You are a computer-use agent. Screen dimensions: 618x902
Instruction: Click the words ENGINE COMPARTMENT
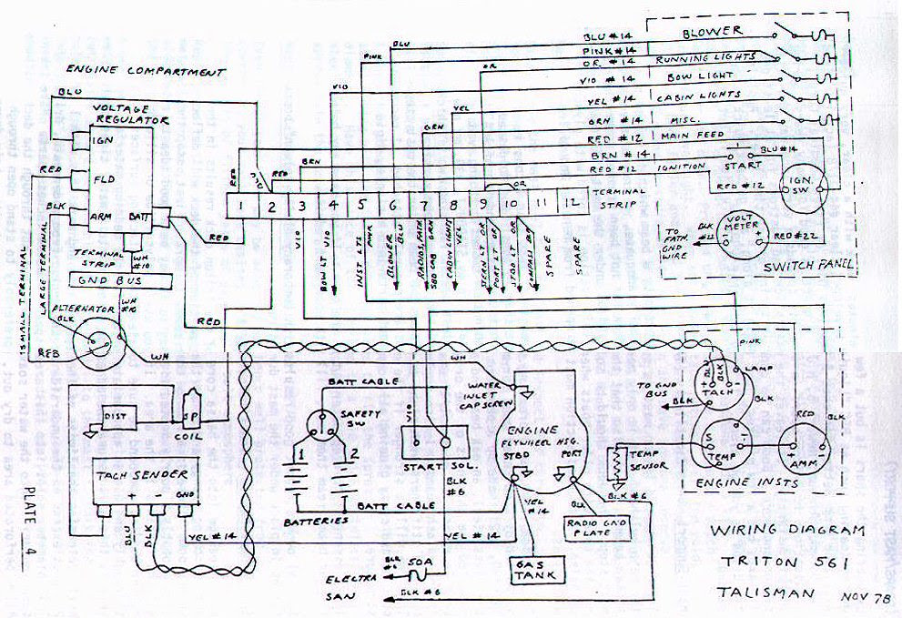click(x=145, y=70)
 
